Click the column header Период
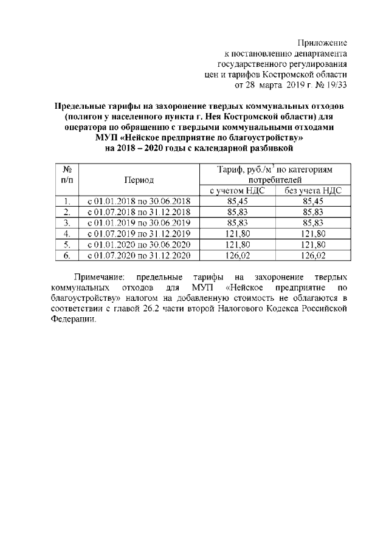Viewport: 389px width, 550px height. pos(139,180)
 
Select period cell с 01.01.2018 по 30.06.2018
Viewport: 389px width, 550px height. pos(139,201)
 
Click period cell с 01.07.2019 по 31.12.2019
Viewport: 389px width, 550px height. pos(139,233)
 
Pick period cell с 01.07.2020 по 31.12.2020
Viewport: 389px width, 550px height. pos(139,255)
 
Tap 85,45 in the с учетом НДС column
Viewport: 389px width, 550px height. pos(238,201)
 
